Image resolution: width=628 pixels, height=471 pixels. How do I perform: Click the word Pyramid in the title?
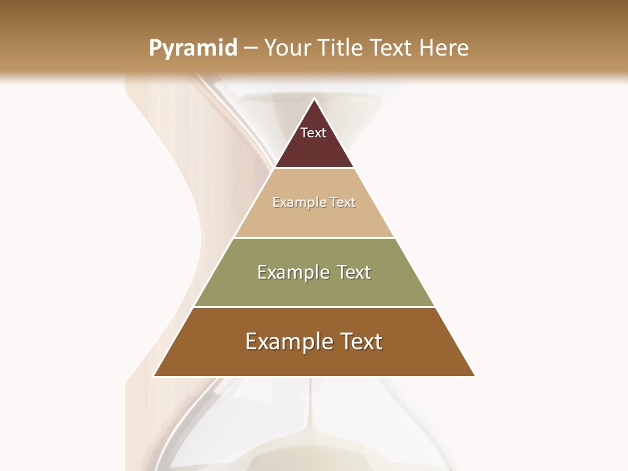[x=193, y=48]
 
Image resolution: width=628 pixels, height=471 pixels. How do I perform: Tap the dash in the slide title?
[x=251, y=48]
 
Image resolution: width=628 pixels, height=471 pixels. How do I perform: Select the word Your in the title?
[x=288, y=48]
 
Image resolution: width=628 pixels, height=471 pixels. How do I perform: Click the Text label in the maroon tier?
[x=313, y=133]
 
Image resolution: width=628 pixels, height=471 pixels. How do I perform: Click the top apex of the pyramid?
[x=314, y=99]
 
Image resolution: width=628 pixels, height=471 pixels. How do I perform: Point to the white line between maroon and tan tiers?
[x=314, y=168]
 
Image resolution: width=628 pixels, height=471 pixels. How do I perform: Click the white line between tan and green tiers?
[x=314, y=237]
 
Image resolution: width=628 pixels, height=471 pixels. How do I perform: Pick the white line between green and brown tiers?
[x=314, y=307]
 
